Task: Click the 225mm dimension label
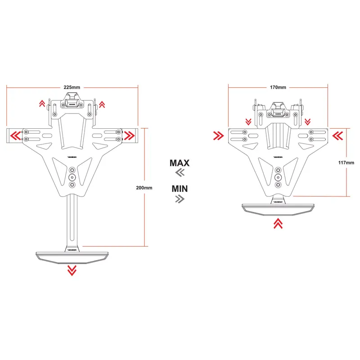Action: (72, 86)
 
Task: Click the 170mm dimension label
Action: (278, 86)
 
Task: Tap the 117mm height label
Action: (347, 162)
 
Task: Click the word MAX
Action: (180, 163)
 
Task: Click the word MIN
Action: (180, 188)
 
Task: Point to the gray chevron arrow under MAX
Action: (180, 173)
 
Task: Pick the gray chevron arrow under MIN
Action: (180, 199)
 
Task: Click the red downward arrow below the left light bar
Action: (72, 270)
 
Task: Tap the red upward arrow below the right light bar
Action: (278, 223)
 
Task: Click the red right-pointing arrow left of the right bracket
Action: (219, 135)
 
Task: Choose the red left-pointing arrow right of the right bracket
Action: (338, 135)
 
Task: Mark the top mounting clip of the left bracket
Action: (72, 100)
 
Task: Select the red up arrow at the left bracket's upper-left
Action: (42, 104)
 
